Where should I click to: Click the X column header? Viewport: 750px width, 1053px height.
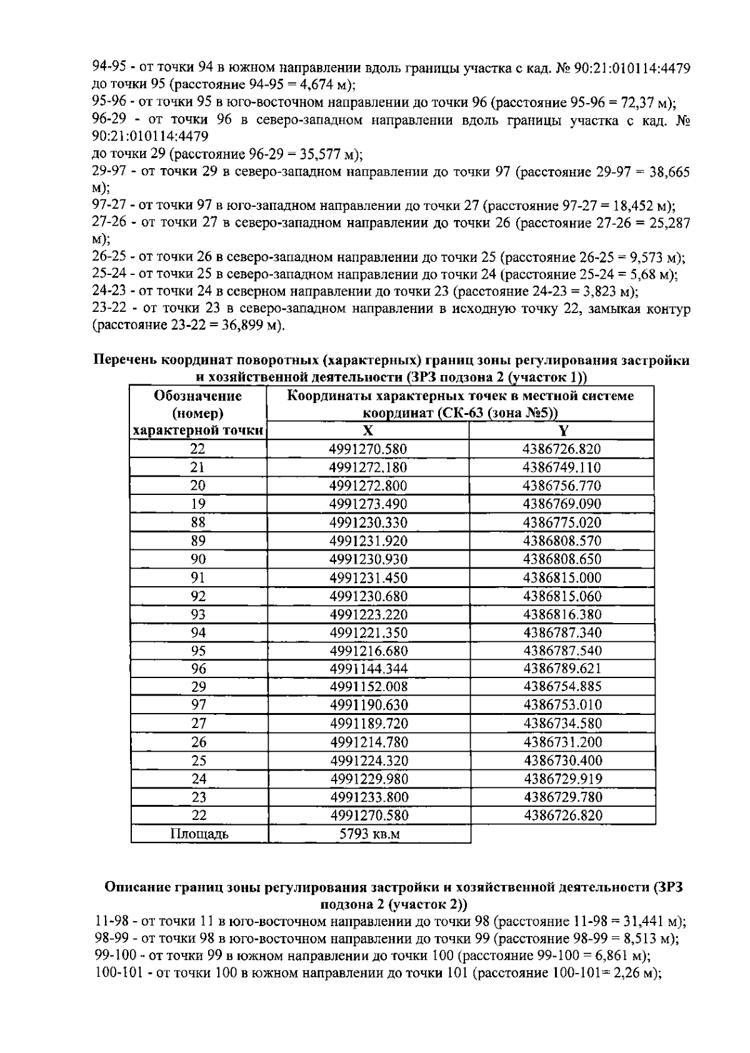pos(368,430)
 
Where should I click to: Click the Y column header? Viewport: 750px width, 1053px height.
pos(563,430)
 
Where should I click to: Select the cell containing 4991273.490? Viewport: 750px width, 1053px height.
pos(368,504)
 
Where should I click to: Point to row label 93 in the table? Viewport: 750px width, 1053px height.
pos(198,614)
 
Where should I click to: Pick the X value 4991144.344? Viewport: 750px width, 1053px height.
pos(368,669)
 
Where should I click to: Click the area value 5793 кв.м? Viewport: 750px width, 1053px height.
pos(368,834)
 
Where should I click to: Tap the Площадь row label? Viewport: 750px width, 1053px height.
pos(199,834)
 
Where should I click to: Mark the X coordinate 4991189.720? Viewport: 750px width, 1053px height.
pos(368,724)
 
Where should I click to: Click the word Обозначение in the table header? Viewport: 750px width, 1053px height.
pos(198,396)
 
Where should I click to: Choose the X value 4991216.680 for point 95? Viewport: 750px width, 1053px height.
pos(368,651)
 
